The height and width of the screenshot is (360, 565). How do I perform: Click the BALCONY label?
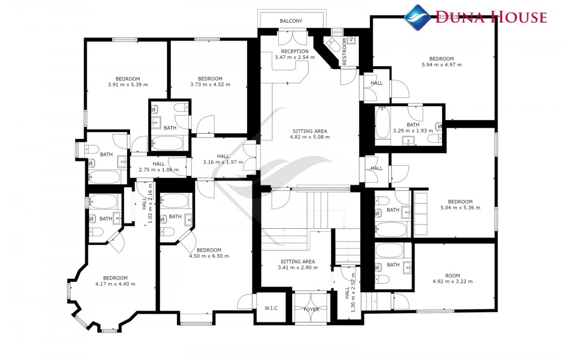coord(291,21)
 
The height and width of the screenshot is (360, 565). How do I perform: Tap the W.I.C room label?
coord(271,308)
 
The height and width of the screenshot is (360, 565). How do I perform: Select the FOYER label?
coord(311,309)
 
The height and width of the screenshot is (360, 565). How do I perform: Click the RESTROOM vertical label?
coord(344,51)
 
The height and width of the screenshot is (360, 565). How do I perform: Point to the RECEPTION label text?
coord(295,51)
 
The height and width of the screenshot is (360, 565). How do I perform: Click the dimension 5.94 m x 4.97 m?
coord(442,65)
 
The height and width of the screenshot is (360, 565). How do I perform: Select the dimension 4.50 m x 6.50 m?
coord(209,256)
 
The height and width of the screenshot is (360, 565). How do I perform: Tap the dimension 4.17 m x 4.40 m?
coord(115,284)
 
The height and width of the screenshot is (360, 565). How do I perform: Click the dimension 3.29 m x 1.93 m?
coord(413,131)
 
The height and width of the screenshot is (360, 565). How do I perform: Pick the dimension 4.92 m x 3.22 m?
coord(452,281)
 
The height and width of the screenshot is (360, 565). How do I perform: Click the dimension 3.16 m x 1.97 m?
coord(223,162)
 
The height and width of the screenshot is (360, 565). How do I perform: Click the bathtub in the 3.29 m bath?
coord(382,123)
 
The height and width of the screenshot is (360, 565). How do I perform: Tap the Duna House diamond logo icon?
coord(417,17)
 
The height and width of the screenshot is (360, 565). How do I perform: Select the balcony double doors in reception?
coord(292,38)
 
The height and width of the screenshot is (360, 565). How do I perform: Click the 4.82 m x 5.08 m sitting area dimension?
coord(310,137)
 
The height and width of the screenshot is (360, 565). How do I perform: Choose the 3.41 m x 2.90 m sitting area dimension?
coord(298,268)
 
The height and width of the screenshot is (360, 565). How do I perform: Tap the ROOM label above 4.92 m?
coord(452,276)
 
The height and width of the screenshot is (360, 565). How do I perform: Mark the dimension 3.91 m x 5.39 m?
coord(128,85)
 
